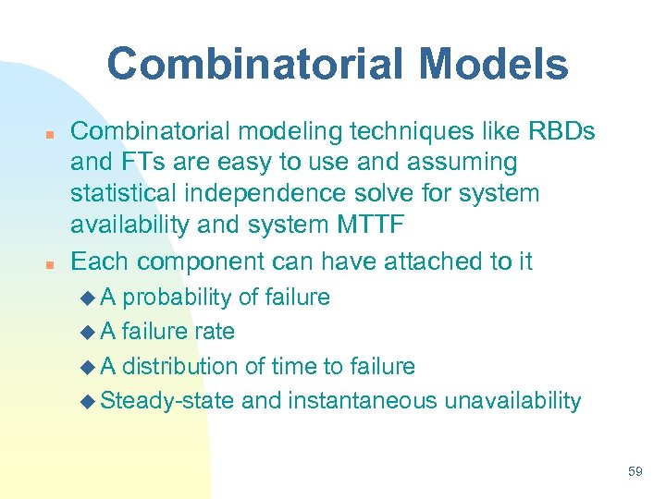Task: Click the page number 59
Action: tap(635, 471)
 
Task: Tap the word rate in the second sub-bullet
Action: tap(216, 332)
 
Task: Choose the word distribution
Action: tap(181, 366)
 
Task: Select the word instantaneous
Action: tap(364, 400)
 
